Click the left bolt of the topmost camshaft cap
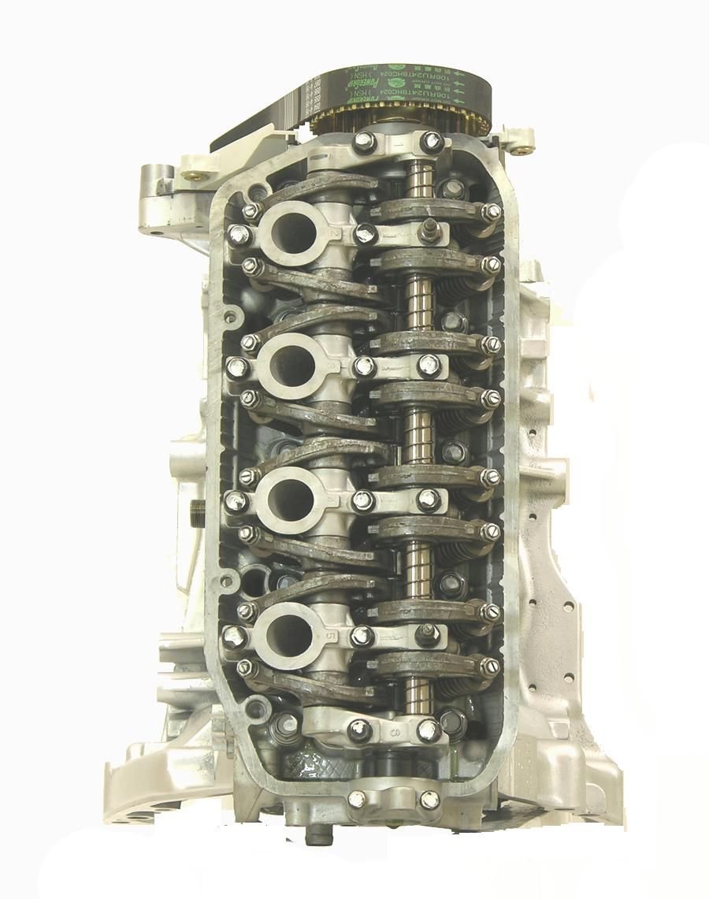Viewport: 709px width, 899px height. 364,143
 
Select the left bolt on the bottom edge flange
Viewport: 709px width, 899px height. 358,798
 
